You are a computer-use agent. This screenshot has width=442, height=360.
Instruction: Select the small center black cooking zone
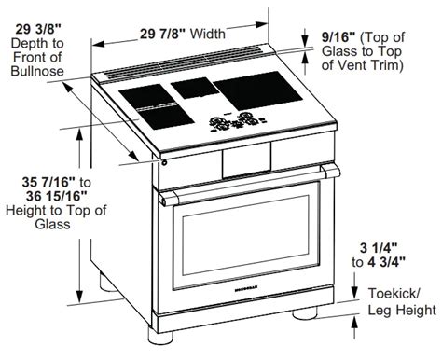(194, 90)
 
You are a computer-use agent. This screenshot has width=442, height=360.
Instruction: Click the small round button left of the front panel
(164, 164)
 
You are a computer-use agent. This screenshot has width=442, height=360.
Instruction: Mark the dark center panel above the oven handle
(239, 162)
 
